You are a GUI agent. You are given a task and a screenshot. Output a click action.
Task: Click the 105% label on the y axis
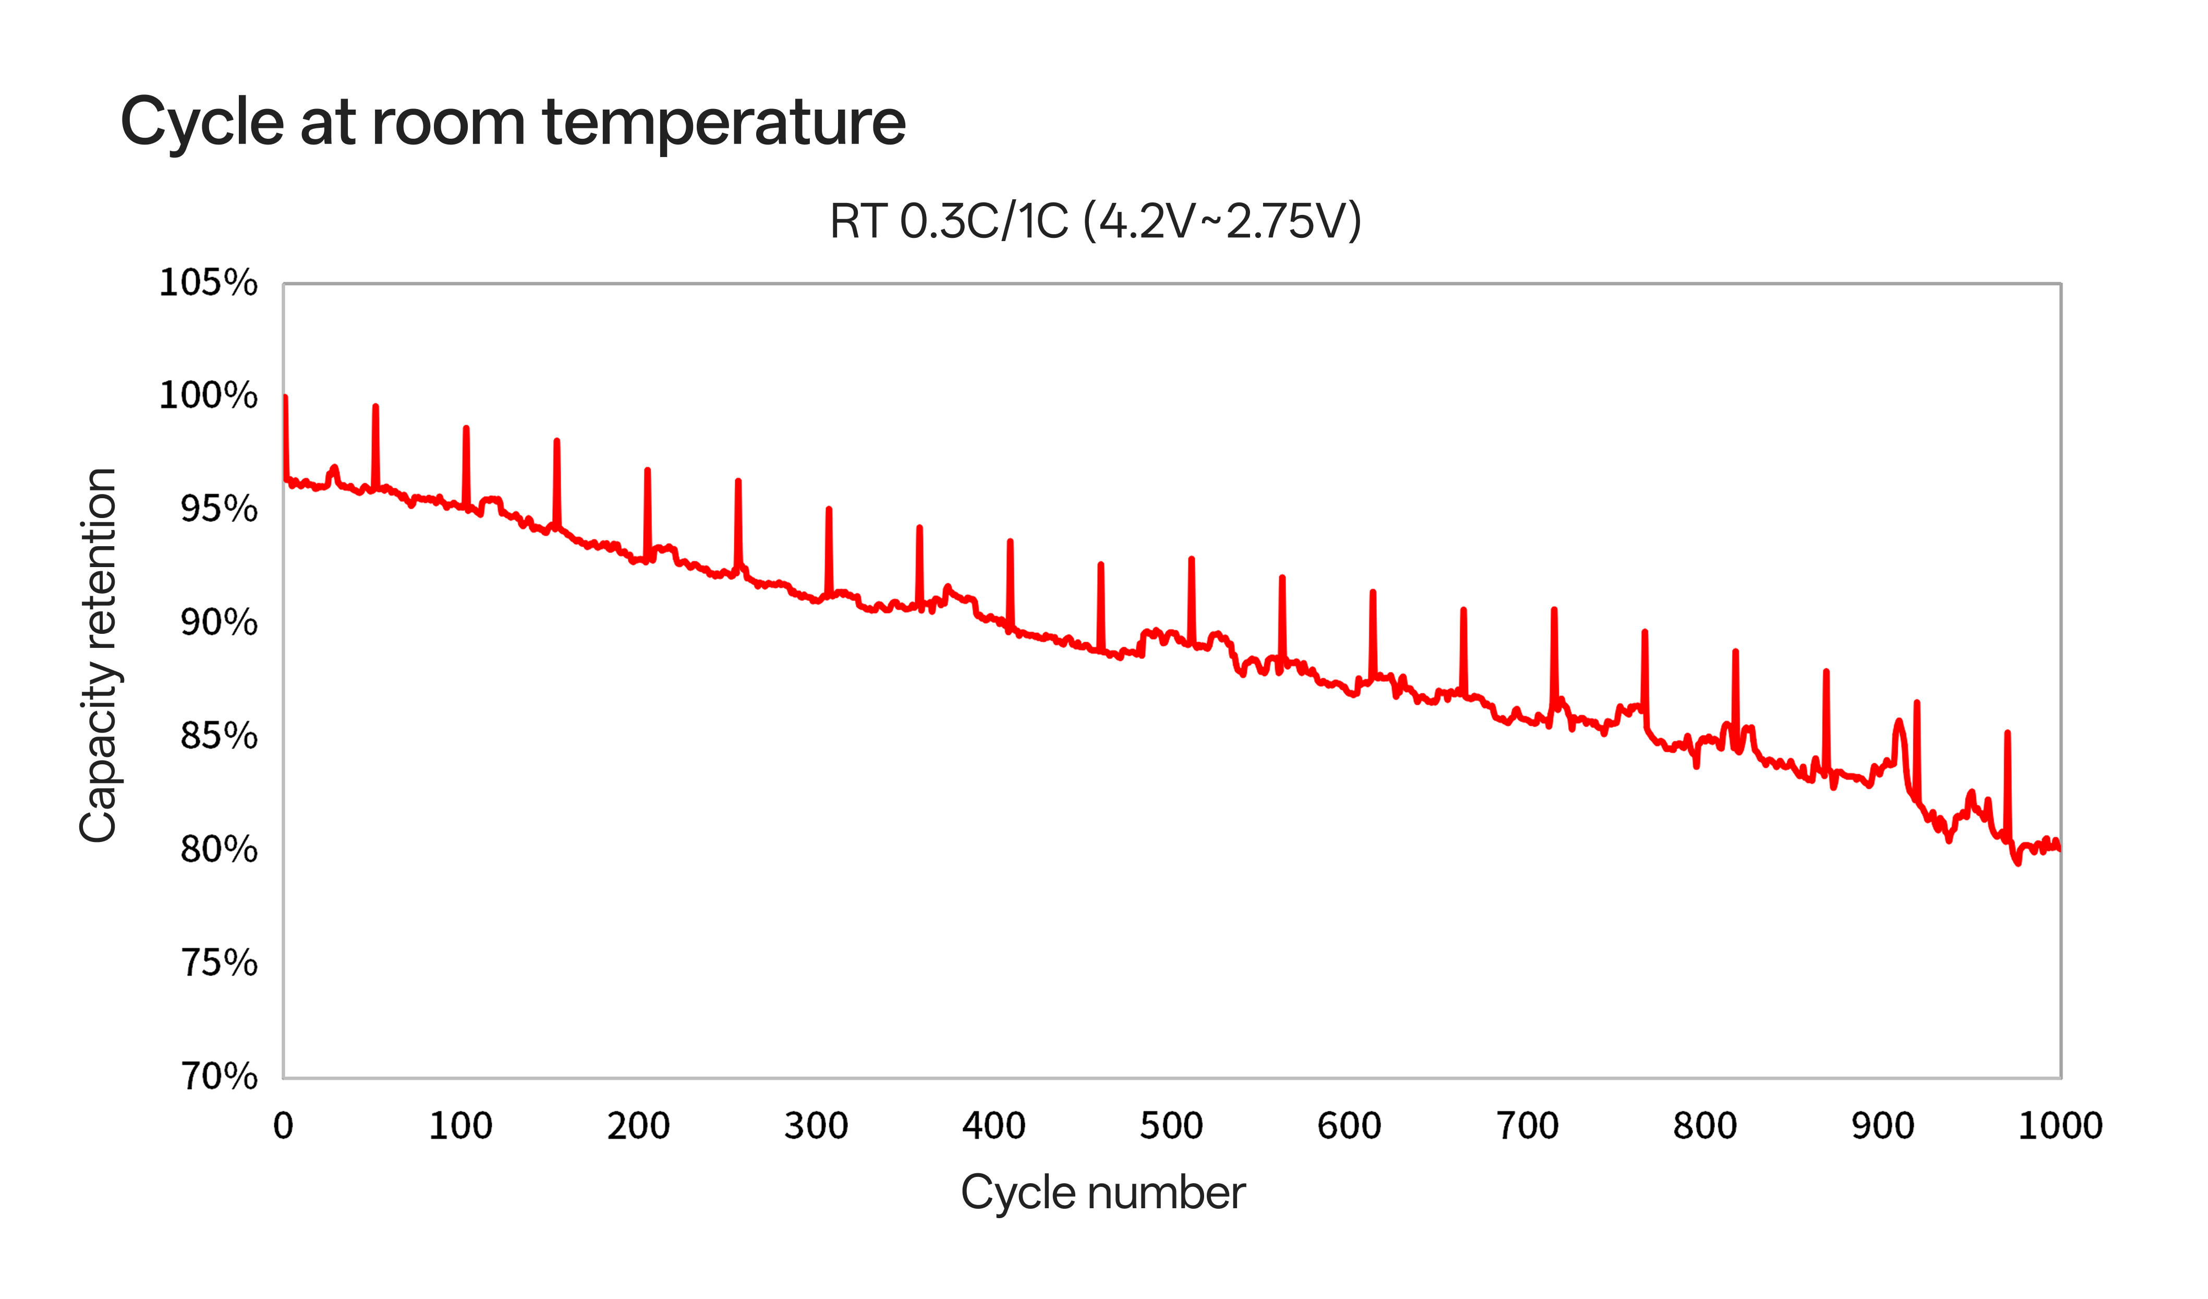tap(208, 283)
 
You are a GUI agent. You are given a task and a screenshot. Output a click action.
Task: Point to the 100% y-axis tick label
tap(208, 396)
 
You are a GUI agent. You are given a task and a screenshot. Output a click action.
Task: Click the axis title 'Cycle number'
tap(1102, 1193)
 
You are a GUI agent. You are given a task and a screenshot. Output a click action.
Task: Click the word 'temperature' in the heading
tap(724, 122)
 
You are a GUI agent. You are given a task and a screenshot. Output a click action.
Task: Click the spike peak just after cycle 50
tap(376, 407)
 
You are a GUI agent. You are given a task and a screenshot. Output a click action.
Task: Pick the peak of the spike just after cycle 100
tap(466, 429)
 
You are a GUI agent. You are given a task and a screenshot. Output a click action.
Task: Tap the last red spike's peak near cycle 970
tap(2007, 733)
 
